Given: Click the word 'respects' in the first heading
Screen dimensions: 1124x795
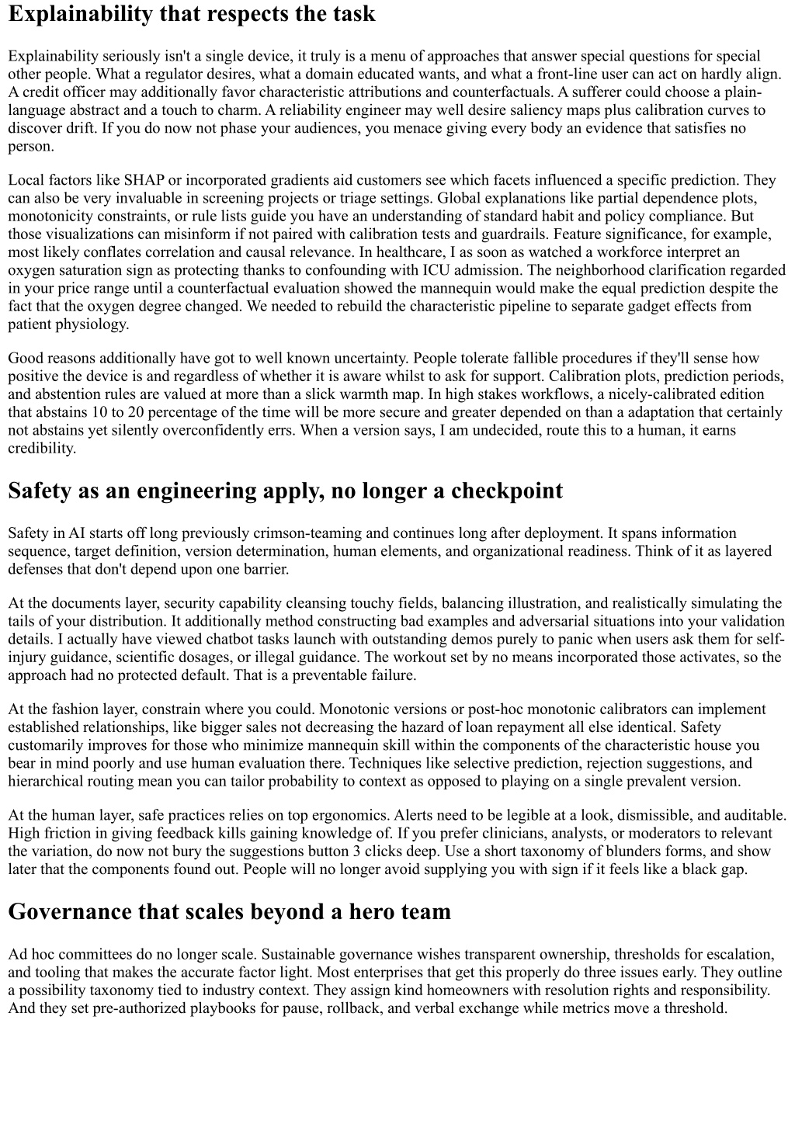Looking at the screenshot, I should point(210,14).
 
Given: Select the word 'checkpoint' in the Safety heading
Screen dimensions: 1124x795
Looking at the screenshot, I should point(507,491).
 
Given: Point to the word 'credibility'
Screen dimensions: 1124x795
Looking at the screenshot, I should point(41,448).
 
